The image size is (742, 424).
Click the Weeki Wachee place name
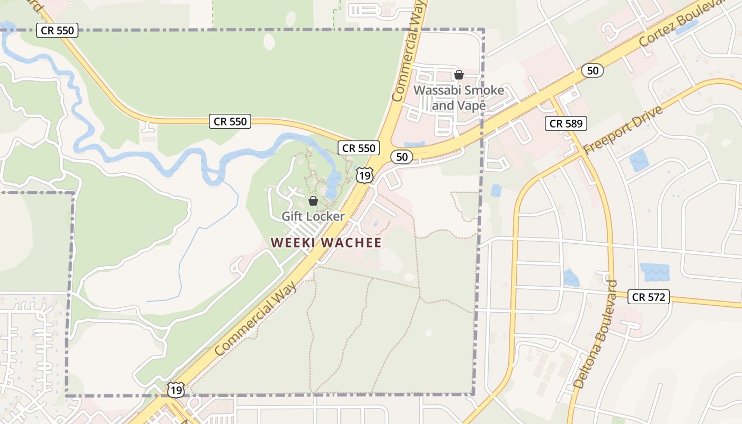[326, 243]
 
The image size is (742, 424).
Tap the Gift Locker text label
[313, 216]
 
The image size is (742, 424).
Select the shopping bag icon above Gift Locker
[313, 201]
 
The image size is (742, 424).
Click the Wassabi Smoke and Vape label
[458, 98]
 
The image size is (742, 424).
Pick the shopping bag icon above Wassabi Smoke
[459, 75]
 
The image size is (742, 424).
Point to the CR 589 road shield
[566, 123]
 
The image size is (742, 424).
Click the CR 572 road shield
[649, 297]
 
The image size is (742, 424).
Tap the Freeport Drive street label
[623, 130]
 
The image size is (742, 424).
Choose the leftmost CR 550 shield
[58, 30]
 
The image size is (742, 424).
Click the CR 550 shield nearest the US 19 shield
[359, 148]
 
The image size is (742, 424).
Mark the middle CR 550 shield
[230, 121]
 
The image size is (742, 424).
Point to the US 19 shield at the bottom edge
[176, 390]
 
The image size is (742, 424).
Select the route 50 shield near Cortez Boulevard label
[592, 70]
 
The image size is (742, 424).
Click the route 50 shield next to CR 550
[402, 156]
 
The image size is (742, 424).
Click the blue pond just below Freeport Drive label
[639, 160]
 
